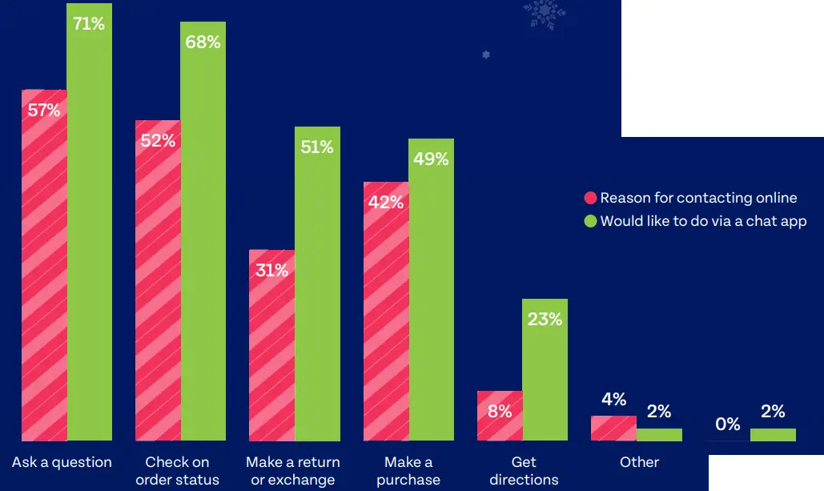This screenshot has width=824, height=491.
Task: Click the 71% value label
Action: [x=89, y=24]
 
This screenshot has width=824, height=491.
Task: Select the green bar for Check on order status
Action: [x=203, y=240]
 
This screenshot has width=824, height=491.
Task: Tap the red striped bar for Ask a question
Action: [x=44, y=272]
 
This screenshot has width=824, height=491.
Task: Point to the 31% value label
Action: [x=271, y=271]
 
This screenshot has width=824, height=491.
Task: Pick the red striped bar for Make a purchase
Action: [x=386, y=320]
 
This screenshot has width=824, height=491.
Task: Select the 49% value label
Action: [x=431, y=159]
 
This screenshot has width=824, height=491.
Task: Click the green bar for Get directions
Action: [x=545, y=376]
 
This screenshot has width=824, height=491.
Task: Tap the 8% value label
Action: [x=500, y=412]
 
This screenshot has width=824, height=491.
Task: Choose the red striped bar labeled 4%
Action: [x=613, y=429]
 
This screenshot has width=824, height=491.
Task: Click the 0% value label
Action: [x=728, y=425]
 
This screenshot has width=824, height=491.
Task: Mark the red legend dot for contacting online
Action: [x=591, y=199]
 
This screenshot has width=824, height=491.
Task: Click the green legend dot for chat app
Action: [x=591, y=221]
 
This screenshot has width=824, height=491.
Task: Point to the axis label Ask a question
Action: [x=62, y=462]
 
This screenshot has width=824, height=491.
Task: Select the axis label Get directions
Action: [x=524, y=471]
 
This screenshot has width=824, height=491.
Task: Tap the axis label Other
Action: [x=639, y=462]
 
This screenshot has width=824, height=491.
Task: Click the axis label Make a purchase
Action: [x=408, y=471]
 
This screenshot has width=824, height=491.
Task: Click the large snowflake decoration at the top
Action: [x=545, y=14]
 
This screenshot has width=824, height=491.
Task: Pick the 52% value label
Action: [x=158, y=141]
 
